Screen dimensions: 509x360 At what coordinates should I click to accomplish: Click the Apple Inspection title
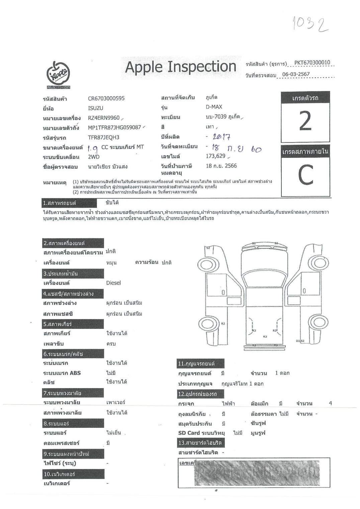(x=181, y=67)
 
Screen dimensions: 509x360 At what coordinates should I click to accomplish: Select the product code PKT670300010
(x=312, y=63)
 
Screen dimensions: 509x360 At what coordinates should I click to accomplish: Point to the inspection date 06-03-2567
(x=296, y=74)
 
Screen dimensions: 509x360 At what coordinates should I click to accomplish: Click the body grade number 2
(x=305, y=121)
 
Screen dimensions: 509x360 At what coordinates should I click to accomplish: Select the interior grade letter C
(x=305, y=175)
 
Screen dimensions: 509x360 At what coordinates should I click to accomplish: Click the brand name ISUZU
(x=95, y=108)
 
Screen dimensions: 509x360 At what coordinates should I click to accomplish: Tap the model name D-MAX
(x=214, y=107)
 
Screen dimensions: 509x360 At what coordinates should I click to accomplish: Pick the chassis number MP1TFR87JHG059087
(x=114, y=127)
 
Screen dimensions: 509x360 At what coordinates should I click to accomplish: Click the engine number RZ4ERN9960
(x=103, y=118)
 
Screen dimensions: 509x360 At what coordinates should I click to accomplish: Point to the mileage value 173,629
(x=215, y=156)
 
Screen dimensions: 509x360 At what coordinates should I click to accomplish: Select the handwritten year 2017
(x=221, y=136)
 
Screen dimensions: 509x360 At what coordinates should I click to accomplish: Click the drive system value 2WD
(x=94, y=157)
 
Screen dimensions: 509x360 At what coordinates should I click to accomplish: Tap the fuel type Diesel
(x=113, y=283)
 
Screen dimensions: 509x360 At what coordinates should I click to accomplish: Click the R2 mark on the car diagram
(x=223, y=323)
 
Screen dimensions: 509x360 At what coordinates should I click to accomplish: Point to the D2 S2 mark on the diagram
(x=300, y=341)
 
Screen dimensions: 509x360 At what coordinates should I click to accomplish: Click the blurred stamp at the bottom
(x=257, y=473)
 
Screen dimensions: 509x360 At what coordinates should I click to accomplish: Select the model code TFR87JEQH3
(x=103, y=137)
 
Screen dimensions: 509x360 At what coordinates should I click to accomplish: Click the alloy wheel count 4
(x=330, y=403)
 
